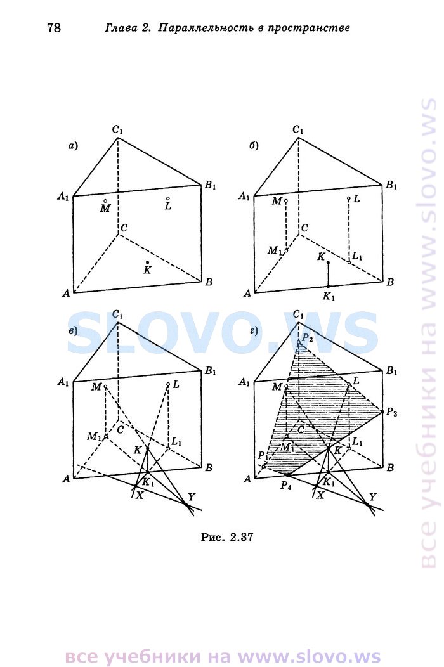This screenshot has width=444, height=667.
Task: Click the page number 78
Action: pyautogui.click(x=54, y=28)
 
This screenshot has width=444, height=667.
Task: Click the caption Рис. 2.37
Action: pyautogui.click(x=227, y=537)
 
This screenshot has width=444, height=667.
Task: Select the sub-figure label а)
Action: pyautogui.click(x=74, y=146)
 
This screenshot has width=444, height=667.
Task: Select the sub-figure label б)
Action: pyautogui.click(x=254, y=146)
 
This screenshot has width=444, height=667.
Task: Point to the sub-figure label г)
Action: pyautogui.click(x=254, y=330)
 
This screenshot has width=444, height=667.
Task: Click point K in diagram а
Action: pyautogui.click(x=147, y=262)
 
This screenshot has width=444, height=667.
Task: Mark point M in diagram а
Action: pyautogui.click(x=105, y=200)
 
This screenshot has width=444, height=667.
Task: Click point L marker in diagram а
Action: pyautogui.click(x=168, y=198)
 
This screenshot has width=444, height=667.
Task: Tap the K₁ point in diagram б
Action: pyautogui.click(x=328, y=287)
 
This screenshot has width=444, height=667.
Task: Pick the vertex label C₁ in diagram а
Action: pyautogui.click(x=117, y=129)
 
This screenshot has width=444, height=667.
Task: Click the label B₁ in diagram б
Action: pyautogui.click(x=391, y=185)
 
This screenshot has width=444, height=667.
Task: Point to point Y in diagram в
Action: pyautogui.click(x=186, y=504)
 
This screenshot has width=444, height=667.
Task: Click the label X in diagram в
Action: pyautogui.click(x=139, y=495)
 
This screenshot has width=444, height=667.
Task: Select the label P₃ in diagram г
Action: pyautogui.click(x=391, y=412)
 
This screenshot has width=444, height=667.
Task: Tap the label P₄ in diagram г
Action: pyautogui.click(x=285, y=486)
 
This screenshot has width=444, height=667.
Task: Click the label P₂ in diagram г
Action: pyautogui.click(x=308, y=339)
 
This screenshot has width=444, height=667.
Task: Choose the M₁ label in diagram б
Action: pyautogui.click(x=275, y=251)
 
